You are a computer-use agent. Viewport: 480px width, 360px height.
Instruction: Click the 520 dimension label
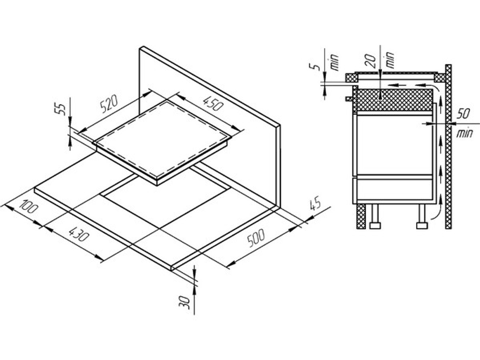click(108, 104)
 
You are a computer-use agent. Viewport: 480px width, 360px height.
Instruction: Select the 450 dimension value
click(213, 104)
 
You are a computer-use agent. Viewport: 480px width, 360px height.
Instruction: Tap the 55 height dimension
click(62, 109)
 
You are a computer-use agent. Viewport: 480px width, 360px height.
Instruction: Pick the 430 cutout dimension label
click(79, 233)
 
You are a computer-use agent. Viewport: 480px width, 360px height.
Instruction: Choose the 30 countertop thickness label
click(185, 302)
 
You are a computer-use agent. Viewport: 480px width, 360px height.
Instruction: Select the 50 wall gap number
click(464, 114)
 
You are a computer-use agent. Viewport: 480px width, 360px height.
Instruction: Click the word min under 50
click(464, 133)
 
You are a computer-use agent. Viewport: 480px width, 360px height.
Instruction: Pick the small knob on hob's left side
click(349, 98)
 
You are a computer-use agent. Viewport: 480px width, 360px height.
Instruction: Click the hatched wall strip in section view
click(448, 146)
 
